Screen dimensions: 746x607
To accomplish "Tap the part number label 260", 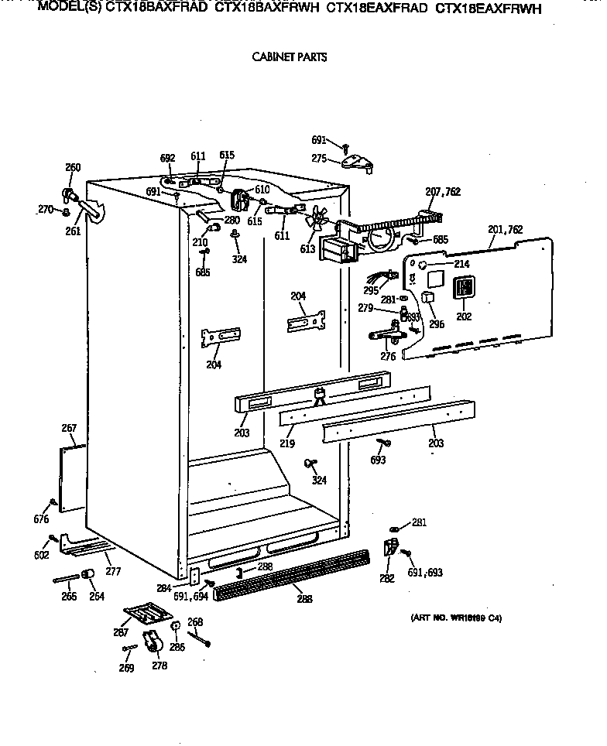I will point(73,167).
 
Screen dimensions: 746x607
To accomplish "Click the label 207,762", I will point(442,191).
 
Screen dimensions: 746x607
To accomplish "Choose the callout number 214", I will point(461,264).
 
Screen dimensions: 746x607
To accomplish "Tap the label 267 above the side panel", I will point(69,428).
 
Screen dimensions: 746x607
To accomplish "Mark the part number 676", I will point(42,519).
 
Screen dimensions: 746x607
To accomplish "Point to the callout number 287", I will point(121,632).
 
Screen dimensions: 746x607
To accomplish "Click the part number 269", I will point(126,668).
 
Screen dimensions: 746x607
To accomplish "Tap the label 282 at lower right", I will point(386,577).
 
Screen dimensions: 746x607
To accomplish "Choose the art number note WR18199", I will point(454,618).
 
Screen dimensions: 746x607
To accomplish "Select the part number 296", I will point(437,324).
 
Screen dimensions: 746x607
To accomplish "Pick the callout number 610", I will point(262,190).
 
